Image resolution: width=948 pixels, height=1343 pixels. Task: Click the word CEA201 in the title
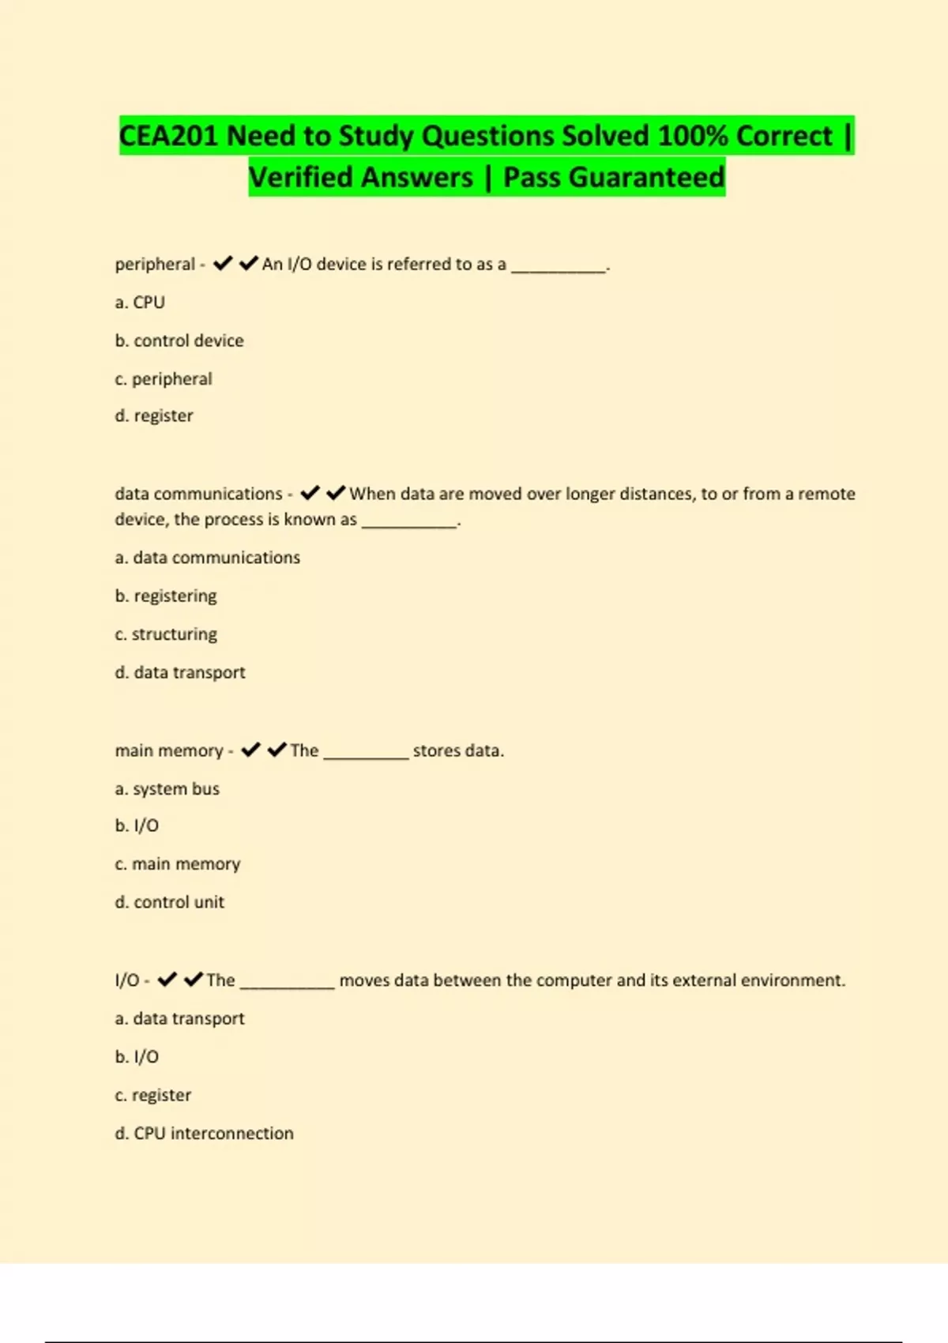[167, 136]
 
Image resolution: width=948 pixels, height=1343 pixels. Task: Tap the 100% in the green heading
[692, 136]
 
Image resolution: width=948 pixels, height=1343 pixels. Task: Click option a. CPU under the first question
[140, 303]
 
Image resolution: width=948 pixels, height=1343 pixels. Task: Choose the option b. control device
[179, 340]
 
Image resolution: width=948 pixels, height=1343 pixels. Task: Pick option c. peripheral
[164, 379]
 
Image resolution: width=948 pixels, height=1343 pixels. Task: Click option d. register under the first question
[154, 416]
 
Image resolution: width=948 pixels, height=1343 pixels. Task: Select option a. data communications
[208, 558]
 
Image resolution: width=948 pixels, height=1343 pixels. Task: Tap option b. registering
[166, 596]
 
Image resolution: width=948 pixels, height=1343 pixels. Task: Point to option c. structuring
[166, 634]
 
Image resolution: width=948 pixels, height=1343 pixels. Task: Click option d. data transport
[180, 672]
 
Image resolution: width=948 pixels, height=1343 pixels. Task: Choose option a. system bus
[167, 788]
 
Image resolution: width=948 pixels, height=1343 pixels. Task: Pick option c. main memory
[178, 864]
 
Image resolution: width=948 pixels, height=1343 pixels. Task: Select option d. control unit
[170, 902]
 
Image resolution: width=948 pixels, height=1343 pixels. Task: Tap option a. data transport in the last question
[180, 1019]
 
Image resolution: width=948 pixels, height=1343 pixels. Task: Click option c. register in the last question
[153, 1095]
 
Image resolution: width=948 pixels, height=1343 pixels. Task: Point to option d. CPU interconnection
[204, 1134]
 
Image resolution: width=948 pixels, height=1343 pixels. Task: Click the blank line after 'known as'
[409, 521]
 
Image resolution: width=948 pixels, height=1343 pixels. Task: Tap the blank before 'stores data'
[366, 753]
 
